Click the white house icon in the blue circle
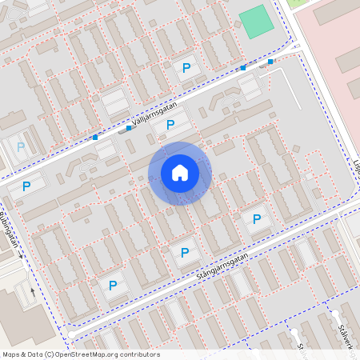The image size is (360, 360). tap(180, 172)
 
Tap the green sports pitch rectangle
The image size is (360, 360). tap(256, 22)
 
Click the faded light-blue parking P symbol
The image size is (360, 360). tap(21, 147)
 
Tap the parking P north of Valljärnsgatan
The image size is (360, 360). tap(186, 69)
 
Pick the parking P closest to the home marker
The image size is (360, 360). tap(170, 124)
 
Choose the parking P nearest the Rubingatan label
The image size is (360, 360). tap(26, 186)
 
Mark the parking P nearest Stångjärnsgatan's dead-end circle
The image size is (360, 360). tap(113, 285)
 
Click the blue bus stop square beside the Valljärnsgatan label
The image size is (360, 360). tap(129, 128)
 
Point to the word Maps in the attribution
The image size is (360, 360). tap(11, 354)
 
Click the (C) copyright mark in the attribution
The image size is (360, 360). tap(50, 354)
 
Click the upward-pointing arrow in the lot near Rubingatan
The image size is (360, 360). tap(33, 291)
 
